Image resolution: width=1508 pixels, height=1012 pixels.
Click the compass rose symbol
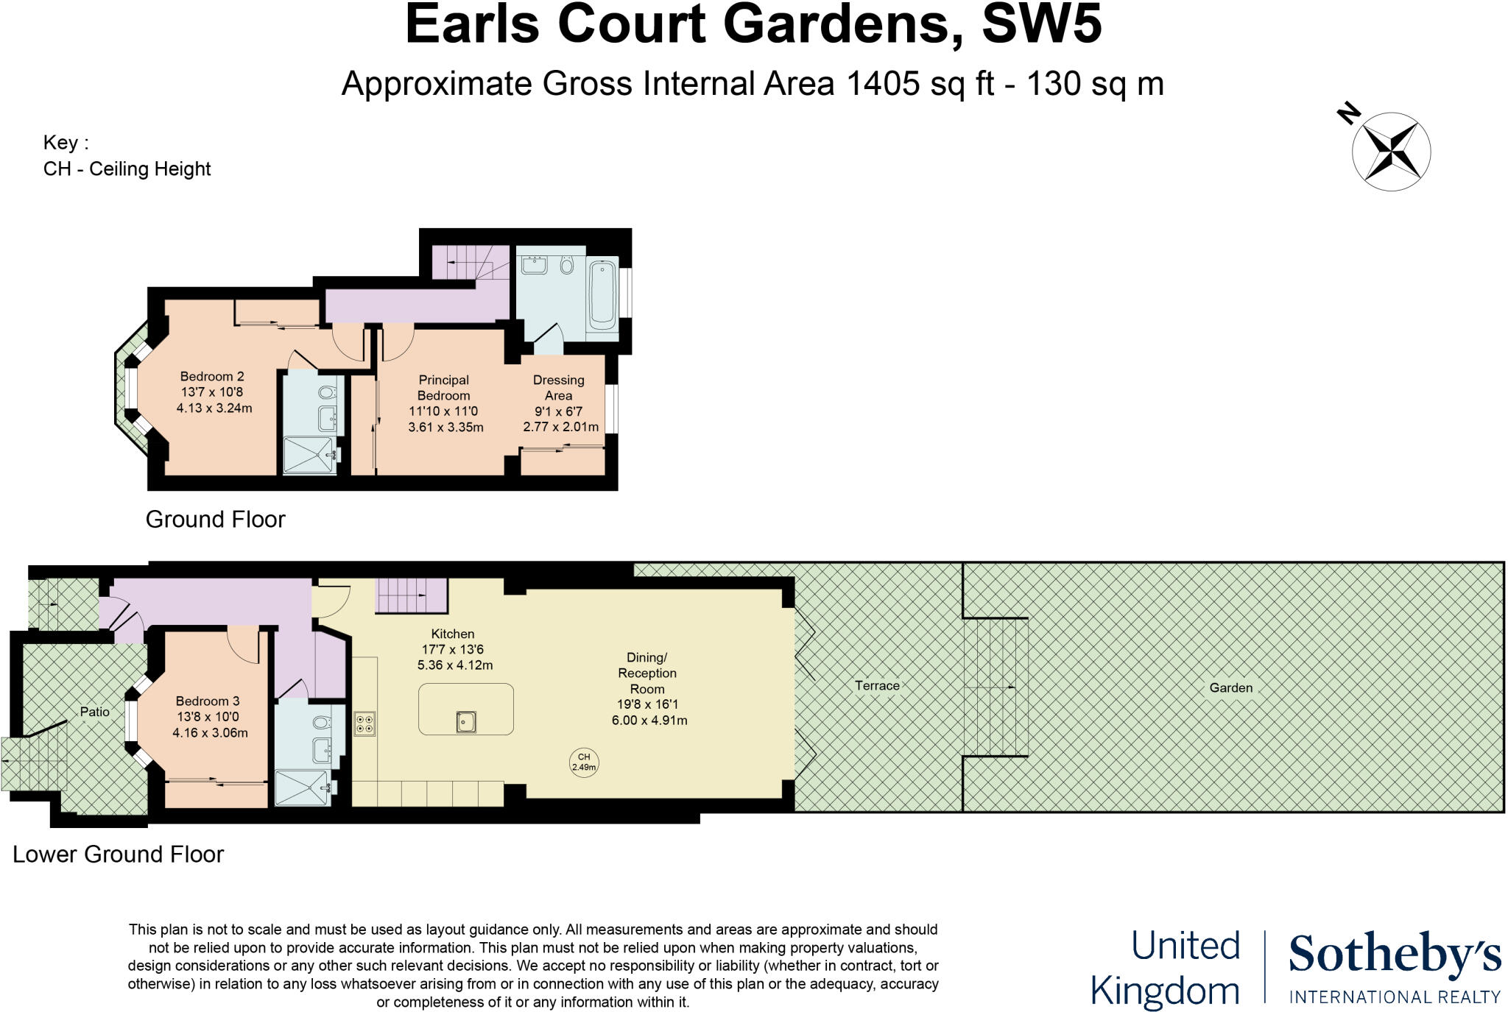(1391, 152)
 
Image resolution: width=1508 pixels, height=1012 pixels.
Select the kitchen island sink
(465, 721)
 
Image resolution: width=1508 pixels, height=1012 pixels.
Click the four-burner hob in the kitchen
(364, 723)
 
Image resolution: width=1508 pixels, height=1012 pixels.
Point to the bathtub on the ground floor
(602, 292)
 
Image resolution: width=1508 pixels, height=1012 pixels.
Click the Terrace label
(877, 685)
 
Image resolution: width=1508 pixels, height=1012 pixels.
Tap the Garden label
(1230, 687)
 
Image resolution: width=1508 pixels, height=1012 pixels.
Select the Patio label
(95, 712)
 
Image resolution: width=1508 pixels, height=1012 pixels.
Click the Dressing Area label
(558, 387)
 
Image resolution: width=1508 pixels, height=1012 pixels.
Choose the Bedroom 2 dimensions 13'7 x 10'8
(212, 392)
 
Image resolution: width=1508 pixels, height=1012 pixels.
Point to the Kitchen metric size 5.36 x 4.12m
(454, 665)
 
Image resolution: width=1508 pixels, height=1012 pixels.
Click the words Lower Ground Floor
(118, 854)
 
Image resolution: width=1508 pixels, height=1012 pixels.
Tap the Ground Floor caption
(215, 519)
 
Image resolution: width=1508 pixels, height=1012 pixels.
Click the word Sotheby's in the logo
(1394, 956)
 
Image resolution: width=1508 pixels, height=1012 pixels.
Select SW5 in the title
(1042, 25)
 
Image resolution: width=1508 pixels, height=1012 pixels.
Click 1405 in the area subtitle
(884, 84)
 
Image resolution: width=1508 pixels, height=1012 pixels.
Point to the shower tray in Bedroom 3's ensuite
(302, 788)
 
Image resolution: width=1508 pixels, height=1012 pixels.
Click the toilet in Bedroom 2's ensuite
(330, 392)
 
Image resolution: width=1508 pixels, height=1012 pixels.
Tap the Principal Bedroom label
(443, 387)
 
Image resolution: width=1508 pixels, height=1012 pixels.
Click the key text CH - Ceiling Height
(127, 169)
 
